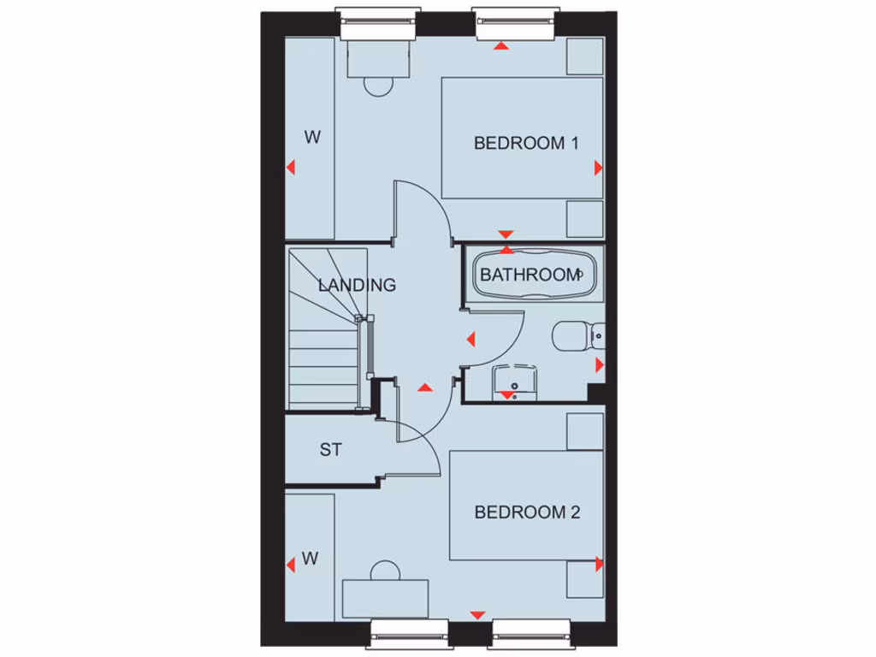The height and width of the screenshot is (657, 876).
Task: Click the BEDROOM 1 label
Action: point(525,143)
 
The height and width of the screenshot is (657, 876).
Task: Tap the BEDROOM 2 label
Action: point(527,512)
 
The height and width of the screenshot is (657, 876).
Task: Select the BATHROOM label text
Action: point(530,275)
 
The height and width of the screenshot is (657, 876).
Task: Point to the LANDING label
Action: point(357,285)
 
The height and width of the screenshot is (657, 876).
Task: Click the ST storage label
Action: point(331,449)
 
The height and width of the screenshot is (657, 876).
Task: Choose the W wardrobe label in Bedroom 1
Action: point(312,137)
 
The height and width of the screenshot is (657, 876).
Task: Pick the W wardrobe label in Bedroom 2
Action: point(310,559)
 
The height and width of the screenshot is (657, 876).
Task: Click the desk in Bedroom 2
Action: point(385,598)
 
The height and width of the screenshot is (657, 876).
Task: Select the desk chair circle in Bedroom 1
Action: point(377,85)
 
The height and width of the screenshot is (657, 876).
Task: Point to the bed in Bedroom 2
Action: point(526,505)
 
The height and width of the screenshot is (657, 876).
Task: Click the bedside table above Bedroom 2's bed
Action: point(585,431)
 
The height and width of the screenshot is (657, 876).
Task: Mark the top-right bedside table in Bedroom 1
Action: point(585,56)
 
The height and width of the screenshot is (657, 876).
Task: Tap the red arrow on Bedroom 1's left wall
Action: point(290,168)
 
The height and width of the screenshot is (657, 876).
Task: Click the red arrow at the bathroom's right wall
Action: point(599,365)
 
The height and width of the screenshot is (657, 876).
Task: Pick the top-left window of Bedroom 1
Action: point(377,23)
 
